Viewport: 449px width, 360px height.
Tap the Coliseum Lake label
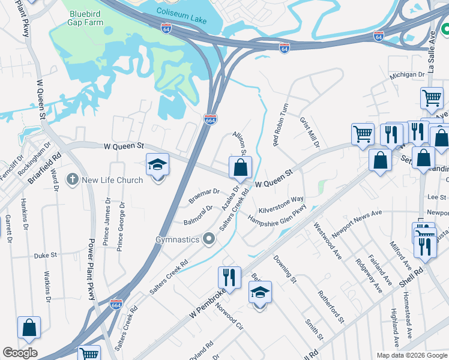pos(181,11)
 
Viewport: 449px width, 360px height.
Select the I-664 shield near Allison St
pos(211,120)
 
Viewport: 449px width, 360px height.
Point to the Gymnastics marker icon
pos(209,239)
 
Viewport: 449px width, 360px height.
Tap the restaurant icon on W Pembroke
pos(229,277)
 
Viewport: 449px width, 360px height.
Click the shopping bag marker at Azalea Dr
pos(240,167)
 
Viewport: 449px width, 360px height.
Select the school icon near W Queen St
pos(157,164)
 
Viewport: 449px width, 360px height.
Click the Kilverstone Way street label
pos(281,205)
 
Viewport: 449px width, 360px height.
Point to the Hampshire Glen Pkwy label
pos(282,215)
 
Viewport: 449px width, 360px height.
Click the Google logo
pos(20,353)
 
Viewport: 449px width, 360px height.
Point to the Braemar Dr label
pos(204,194)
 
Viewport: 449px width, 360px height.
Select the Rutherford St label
pos(331,307)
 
